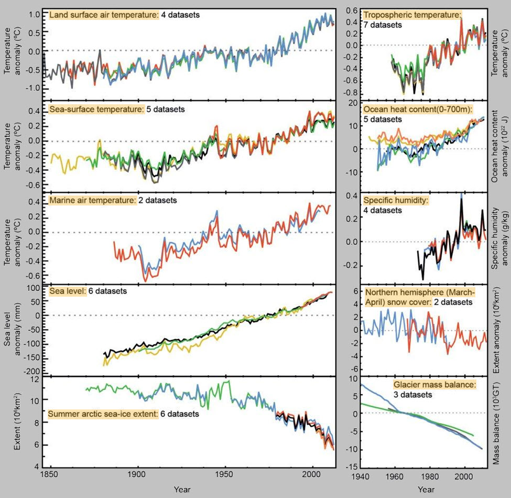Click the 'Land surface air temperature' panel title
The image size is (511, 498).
coord(103,15)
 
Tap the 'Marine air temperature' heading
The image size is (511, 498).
coord(93,200)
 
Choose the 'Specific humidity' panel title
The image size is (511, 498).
coord(394,200)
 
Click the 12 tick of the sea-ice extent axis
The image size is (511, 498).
coord(34,380)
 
